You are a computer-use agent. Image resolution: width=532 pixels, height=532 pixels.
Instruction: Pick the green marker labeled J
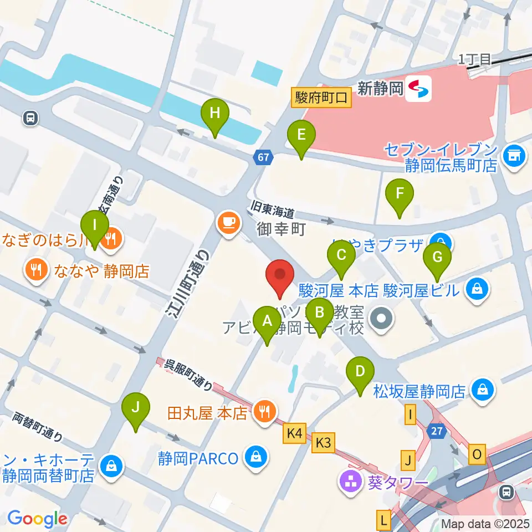[x=136, y=410]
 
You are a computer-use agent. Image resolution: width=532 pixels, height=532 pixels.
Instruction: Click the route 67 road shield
[x=263, y=157]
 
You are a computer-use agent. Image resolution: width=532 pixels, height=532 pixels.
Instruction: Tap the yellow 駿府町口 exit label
[x=321, y=98]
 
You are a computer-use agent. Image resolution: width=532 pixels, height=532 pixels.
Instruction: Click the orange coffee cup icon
[x=229, y=223]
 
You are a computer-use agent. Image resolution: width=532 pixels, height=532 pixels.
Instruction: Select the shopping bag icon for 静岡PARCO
[x=256, y=458]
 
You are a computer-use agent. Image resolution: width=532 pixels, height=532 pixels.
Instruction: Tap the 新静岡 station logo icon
[x=418, y=89]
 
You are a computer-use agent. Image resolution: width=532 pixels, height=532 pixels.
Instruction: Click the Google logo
[x=37, y=519]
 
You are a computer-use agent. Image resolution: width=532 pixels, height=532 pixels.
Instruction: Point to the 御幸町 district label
[x=282, y=229]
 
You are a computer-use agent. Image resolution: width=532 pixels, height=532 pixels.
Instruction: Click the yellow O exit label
[x=476, y=454]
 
